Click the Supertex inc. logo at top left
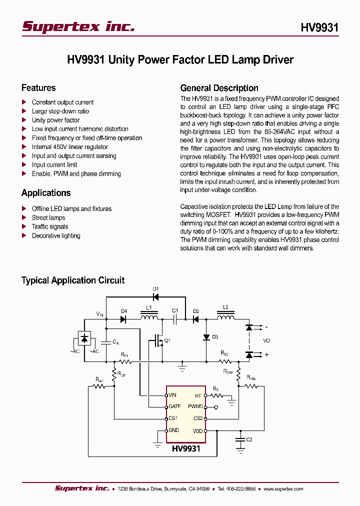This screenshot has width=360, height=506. pyautogui.click(x=78, y=26)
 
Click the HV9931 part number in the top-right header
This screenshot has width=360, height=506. pyautogui.click(x=319, y=27)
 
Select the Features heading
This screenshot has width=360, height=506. pyautogui.click(x=38, y=88)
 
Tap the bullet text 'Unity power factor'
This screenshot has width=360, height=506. pyautogui.click(x=55, y=120)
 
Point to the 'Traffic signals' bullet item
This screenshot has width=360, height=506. pyautogui.click(x=50, y=226)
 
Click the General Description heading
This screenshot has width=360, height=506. pyautogui.click(x=219, y=88)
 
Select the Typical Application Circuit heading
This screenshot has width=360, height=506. pyautogui.click(x=73, y=280)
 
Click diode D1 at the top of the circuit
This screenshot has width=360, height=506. pyautogui.click(x=155, y=297)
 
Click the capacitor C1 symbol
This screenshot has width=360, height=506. pyautogui.click(x=175, y=318)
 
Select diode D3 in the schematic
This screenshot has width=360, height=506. pyautogui.click(x=206, y=337)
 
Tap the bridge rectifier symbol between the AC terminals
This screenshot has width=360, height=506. pyautogui.click(x=84, y=338)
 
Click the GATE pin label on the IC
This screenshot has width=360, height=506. pyautogui.click(x=174, y=407)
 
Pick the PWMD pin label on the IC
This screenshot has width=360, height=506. pyautogui.click(x=195, y=407)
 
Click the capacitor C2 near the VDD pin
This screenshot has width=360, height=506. pyautogui.click(x=240, y=439)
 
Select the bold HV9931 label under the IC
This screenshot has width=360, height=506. pyautogui.click(x=186, y=448)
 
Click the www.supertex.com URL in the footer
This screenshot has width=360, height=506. pyautogui.click(x=283, y=489)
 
